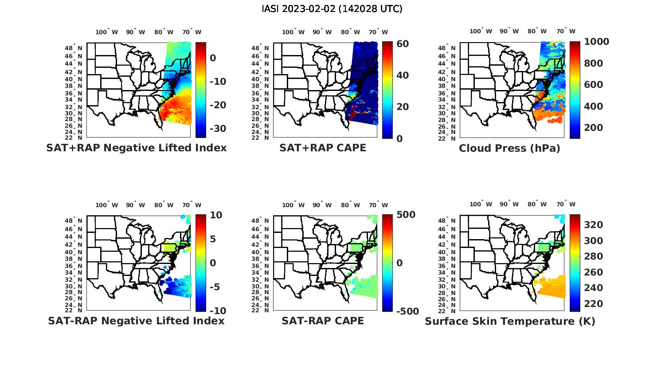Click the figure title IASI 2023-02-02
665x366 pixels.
tap(332, 9)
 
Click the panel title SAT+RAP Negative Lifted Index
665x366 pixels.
tap(136, 148)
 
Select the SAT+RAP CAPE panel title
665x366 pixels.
tap(323, 148)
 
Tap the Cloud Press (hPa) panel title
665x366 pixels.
tap(509, 148)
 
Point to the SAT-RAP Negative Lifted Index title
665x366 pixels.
tap(136, 321)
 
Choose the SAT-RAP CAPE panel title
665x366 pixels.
tap(323, 321)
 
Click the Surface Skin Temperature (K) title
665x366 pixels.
tap(510, 321)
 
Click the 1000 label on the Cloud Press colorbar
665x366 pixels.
tap(596, 42)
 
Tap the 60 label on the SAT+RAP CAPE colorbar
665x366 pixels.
tap(403, 43)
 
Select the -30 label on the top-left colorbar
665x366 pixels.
tap(217, 129)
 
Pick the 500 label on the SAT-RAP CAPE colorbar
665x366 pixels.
tap(406, 215)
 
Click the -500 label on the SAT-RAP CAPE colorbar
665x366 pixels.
tap(407, 311)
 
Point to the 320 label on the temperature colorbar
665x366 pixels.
tap(594, 225)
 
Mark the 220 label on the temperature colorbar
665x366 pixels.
tap(594, 304)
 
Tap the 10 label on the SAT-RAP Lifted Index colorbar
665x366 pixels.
tap(216, 215)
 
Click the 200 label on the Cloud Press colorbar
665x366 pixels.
tap(594, 128)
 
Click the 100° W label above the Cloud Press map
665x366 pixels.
tap(481, 31)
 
